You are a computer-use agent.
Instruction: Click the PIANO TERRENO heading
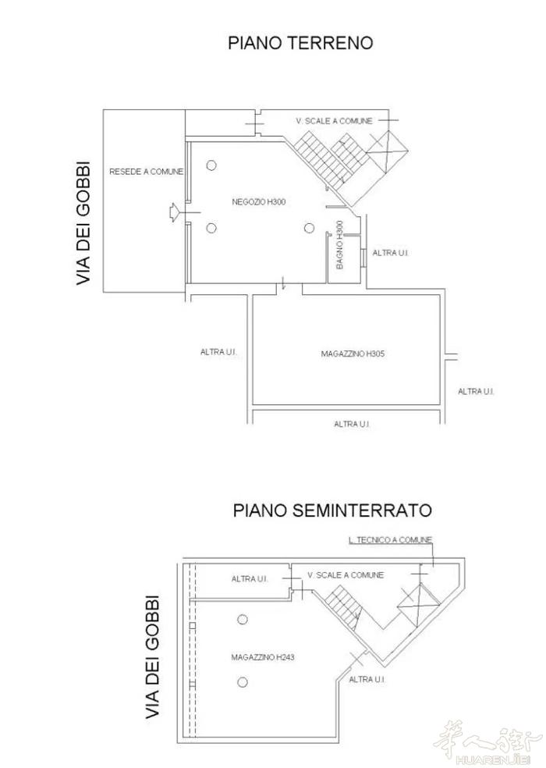(300, 43)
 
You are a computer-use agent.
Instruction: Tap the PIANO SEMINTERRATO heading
(332, 510)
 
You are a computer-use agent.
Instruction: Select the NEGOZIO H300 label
(258, 202)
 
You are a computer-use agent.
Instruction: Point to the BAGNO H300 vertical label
(340, 244)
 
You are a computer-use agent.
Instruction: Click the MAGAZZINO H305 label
(353, 354)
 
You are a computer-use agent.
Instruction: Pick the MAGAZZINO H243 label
(263, 657)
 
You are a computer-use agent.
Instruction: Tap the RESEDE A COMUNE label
(146, 172)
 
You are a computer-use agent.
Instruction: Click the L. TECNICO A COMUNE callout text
(390, 540)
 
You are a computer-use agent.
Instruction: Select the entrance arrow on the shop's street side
(175, 212)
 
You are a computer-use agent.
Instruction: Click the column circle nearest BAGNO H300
(309, 228)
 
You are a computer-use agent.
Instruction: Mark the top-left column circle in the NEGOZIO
(211, 165)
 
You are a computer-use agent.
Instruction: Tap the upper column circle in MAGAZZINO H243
(243, 620)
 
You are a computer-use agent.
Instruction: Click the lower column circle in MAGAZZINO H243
(243, 682)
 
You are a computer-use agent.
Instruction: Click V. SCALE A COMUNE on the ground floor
(334, 121)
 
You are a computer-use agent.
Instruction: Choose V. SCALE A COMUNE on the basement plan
(346, 575)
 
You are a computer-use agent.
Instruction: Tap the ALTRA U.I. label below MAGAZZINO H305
(352, 424)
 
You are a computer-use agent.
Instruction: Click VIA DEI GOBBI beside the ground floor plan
(83, 223)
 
